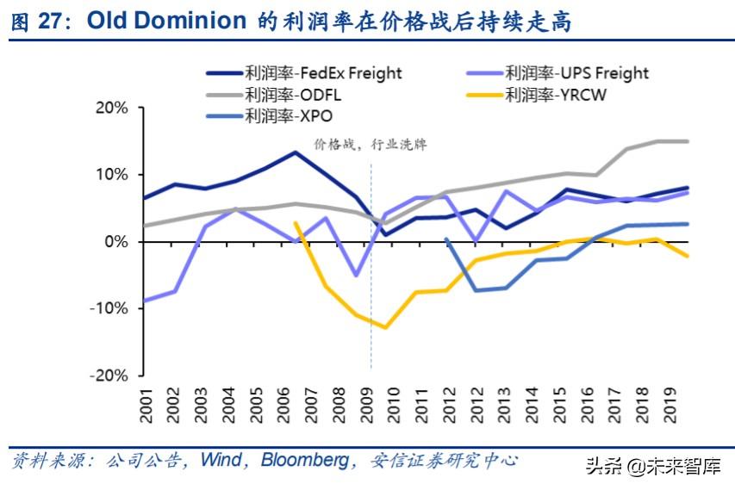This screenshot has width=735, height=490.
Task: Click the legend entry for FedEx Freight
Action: click(324, 73)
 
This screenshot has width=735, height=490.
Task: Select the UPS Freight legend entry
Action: click(576, 73)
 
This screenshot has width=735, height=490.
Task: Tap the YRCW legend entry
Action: click(556, 95)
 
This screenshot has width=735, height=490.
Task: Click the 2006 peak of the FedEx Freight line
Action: click(296, 152)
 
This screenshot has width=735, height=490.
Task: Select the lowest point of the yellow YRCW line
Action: click(385, 327)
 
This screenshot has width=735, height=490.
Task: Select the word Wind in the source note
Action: click(221, 461)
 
